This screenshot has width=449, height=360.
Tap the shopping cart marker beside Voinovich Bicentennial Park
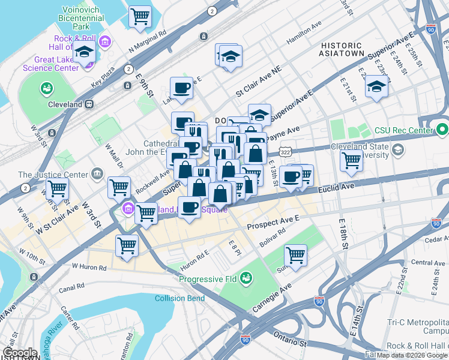140,17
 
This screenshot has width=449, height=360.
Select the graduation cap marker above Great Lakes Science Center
85,53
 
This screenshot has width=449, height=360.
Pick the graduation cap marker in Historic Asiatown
376,88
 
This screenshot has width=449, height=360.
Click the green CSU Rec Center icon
442,129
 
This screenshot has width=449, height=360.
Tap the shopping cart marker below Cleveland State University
351,160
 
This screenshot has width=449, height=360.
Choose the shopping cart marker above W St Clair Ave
57,188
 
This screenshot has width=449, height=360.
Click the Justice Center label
53,175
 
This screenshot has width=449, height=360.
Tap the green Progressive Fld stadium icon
246,278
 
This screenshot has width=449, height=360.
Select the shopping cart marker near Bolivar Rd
295,255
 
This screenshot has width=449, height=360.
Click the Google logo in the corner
20,352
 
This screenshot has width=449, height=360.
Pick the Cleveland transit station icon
88,104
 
